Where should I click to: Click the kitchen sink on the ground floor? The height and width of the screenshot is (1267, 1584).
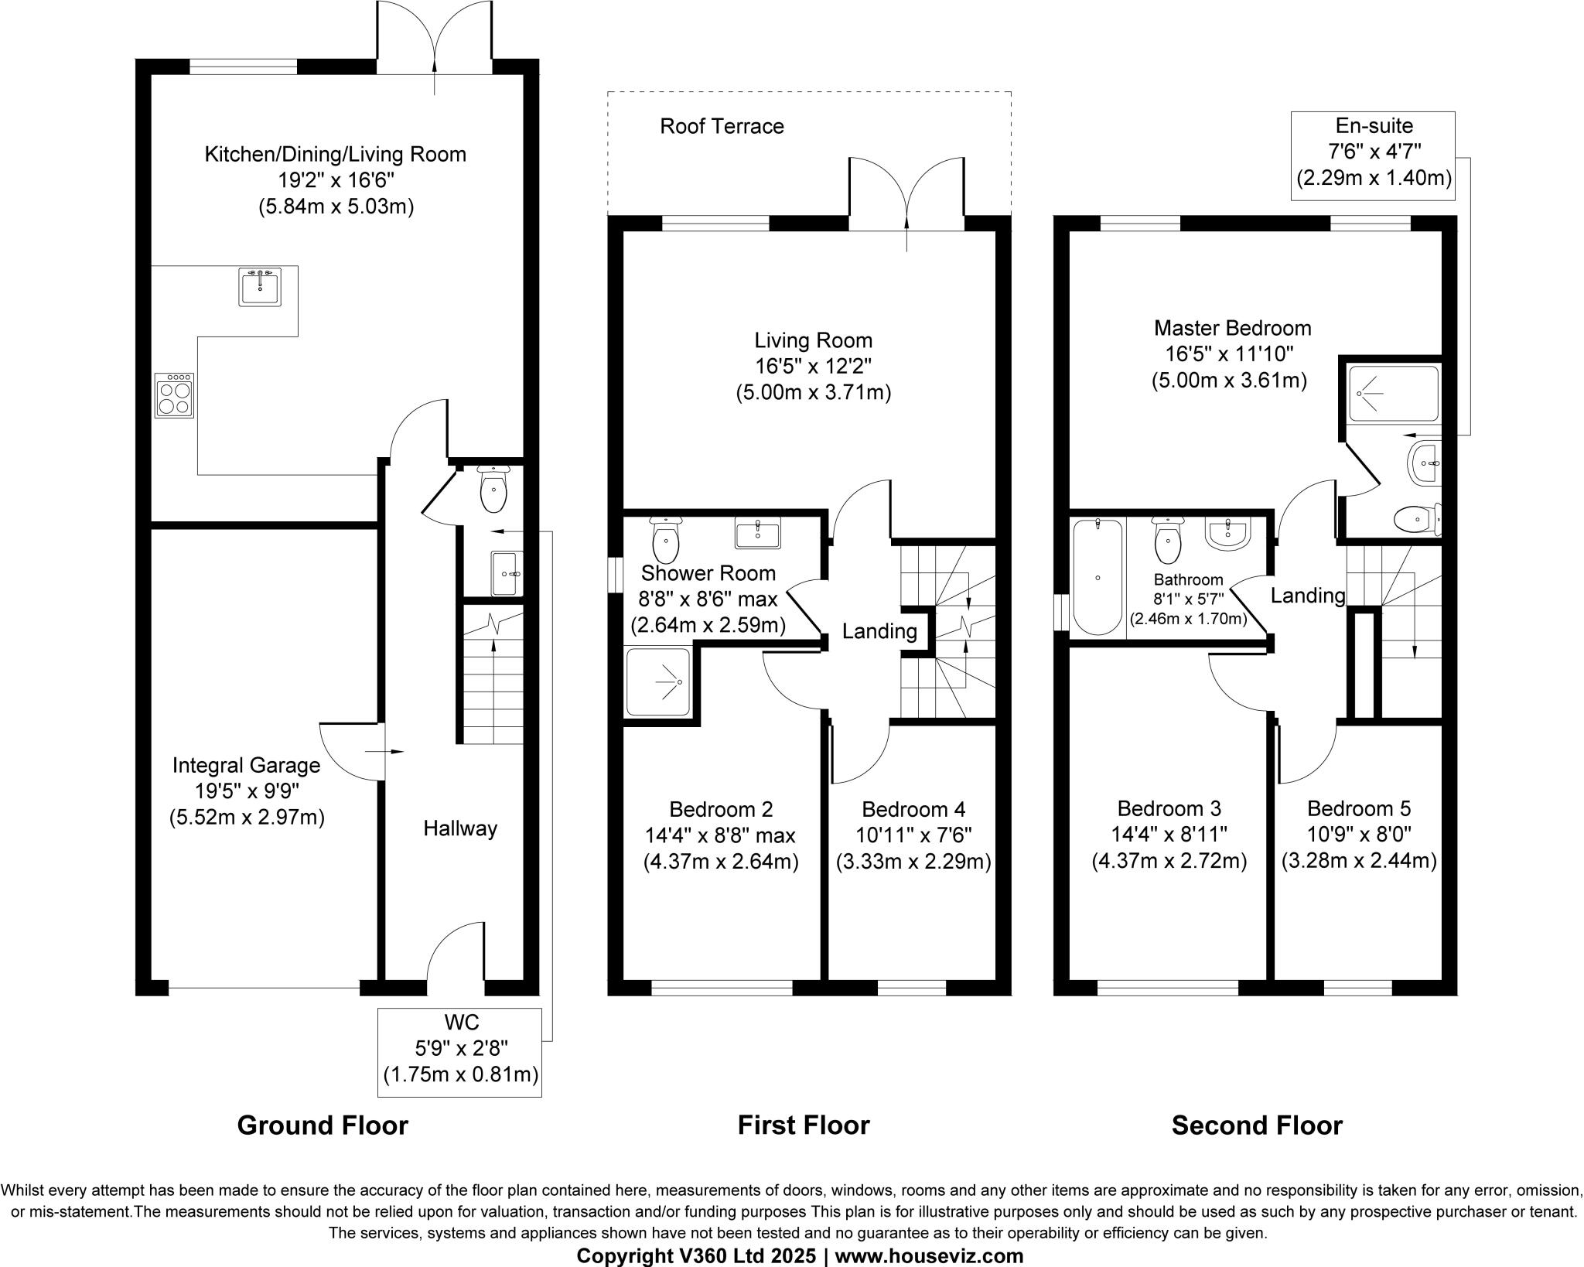(260, 287)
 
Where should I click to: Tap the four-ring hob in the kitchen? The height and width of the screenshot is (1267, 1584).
(174, 396)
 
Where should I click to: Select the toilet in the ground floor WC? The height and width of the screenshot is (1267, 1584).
(493, 490)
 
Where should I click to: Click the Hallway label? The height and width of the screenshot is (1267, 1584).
(460, 829)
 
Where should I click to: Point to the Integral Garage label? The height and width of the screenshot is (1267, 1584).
(246, 766)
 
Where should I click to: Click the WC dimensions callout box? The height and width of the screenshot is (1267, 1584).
(460, 1051)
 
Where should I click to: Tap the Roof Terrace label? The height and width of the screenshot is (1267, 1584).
(722, 126)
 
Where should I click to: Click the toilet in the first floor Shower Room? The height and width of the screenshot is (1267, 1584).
(665, 541)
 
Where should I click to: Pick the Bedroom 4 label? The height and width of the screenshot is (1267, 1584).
(913, 810)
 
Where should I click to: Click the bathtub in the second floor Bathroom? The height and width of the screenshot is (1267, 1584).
(1098, 577)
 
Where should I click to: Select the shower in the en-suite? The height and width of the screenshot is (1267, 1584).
(1393, 394)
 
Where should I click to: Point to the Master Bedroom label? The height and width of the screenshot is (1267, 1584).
(1232, 328)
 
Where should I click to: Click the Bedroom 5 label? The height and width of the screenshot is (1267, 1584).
(1359, 809)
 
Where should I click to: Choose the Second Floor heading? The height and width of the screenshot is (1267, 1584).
(1257, 1125)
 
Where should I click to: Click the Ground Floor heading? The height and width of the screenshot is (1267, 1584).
(323, 1125)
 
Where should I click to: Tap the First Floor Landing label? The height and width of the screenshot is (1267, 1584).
(879, 632)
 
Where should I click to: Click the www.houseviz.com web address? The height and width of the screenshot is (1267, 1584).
(929, 1256)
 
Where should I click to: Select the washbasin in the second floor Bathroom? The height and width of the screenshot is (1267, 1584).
(1227, 533)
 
